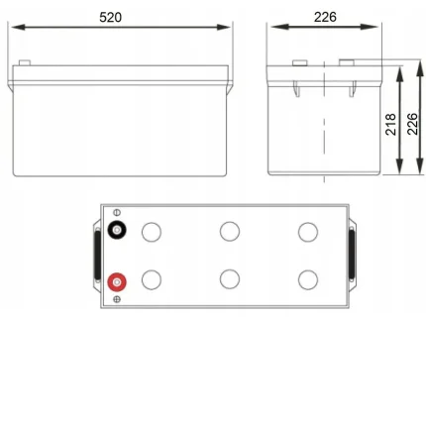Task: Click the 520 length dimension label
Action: tap(110, 17)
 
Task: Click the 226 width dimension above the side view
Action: tap(325, 17)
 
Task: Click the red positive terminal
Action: tap(117, 282)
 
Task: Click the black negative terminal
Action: tap(117, 230)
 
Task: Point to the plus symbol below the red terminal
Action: tap(117, 299)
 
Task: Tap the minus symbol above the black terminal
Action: tap(117, 212)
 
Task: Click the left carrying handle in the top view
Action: tap(97, 255)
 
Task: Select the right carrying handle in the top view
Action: tap(352, 254)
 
